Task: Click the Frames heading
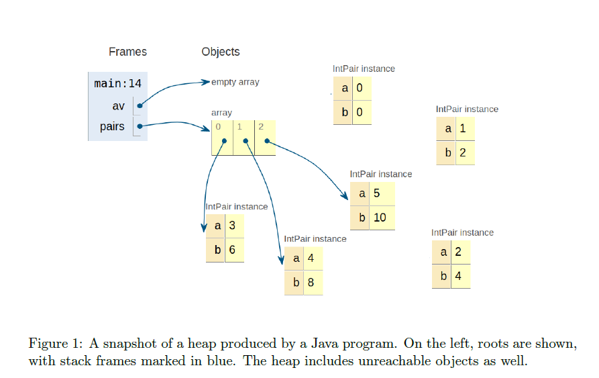(127, 52)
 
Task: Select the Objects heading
(220, 52)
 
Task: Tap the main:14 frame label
(117, 84)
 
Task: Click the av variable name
(119, 105)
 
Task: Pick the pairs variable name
(112, 126)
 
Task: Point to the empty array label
(235, 82)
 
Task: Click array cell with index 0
(222, 138)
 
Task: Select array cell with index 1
(243, 138)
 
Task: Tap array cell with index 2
(265, 138)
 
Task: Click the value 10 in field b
(379, 218)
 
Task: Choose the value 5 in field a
(376, 194)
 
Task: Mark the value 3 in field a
(232, 226)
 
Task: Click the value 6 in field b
(232, 250)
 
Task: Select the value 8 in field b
(311, 282)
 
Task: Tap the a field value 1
(463, 128)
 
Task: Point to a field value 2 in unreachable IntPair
(458, 252)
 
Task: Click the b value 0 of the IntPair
(360, 112)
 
